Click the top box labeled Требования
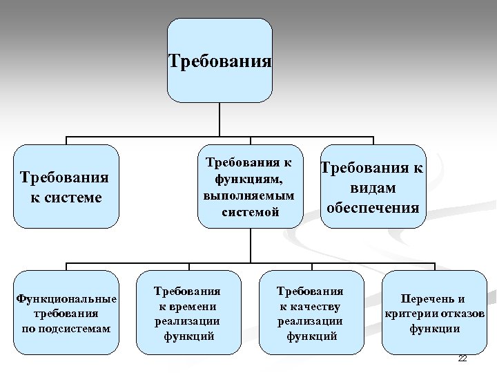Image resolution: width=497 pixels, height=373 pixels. (x=220, y=61)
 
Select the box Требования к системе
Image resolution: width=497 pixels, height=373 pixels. (x=66, y=186)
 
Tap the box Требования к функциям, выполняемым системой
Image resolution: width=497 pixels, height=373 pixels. (x=250, y=186)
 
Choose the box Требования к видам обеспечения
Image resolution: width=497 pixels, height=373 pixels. (x=373, y=186)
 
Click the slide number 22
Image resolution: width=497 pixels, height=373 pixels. (x=462, y=358)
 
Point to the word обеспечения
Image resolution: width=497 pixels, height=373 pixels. (x=373, y=207)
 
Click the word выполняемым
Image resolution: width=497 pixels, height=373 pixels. (x=249, y=195)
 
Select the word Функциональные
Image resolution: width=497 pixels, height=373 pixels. (x=66, y=298)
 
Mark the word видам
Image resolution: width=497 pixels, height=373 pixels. (x=373, y=188)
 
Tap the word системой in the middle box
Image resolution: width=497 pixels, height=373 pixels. (x=250, y=212)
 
